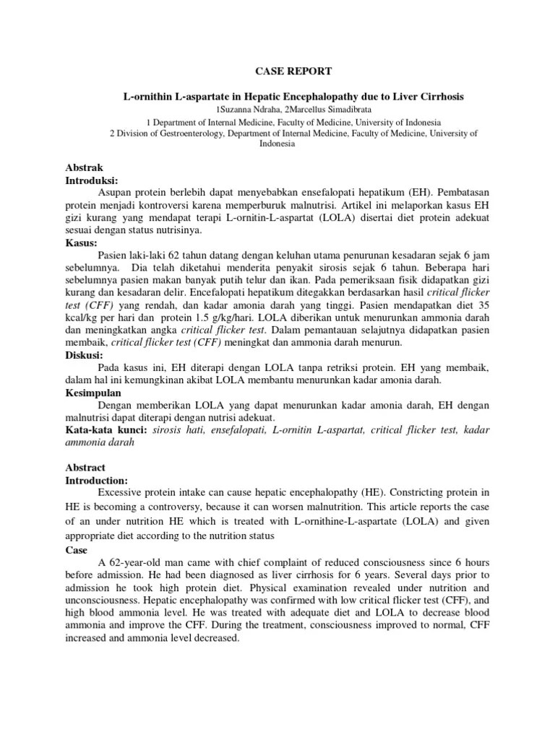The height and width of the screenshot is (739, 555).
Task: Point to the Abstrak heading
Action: click(85, 167)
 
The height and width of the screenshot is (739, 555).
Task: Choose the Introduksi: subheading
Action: click(92, 179)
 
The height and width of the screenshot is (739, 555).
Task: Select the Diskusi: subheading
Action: click(85, 354)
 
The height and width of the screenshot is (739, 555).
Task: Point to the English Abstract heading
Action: click(86, 467)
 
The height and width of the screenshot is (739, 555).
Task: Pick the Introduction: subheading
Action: click(98, 480)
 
